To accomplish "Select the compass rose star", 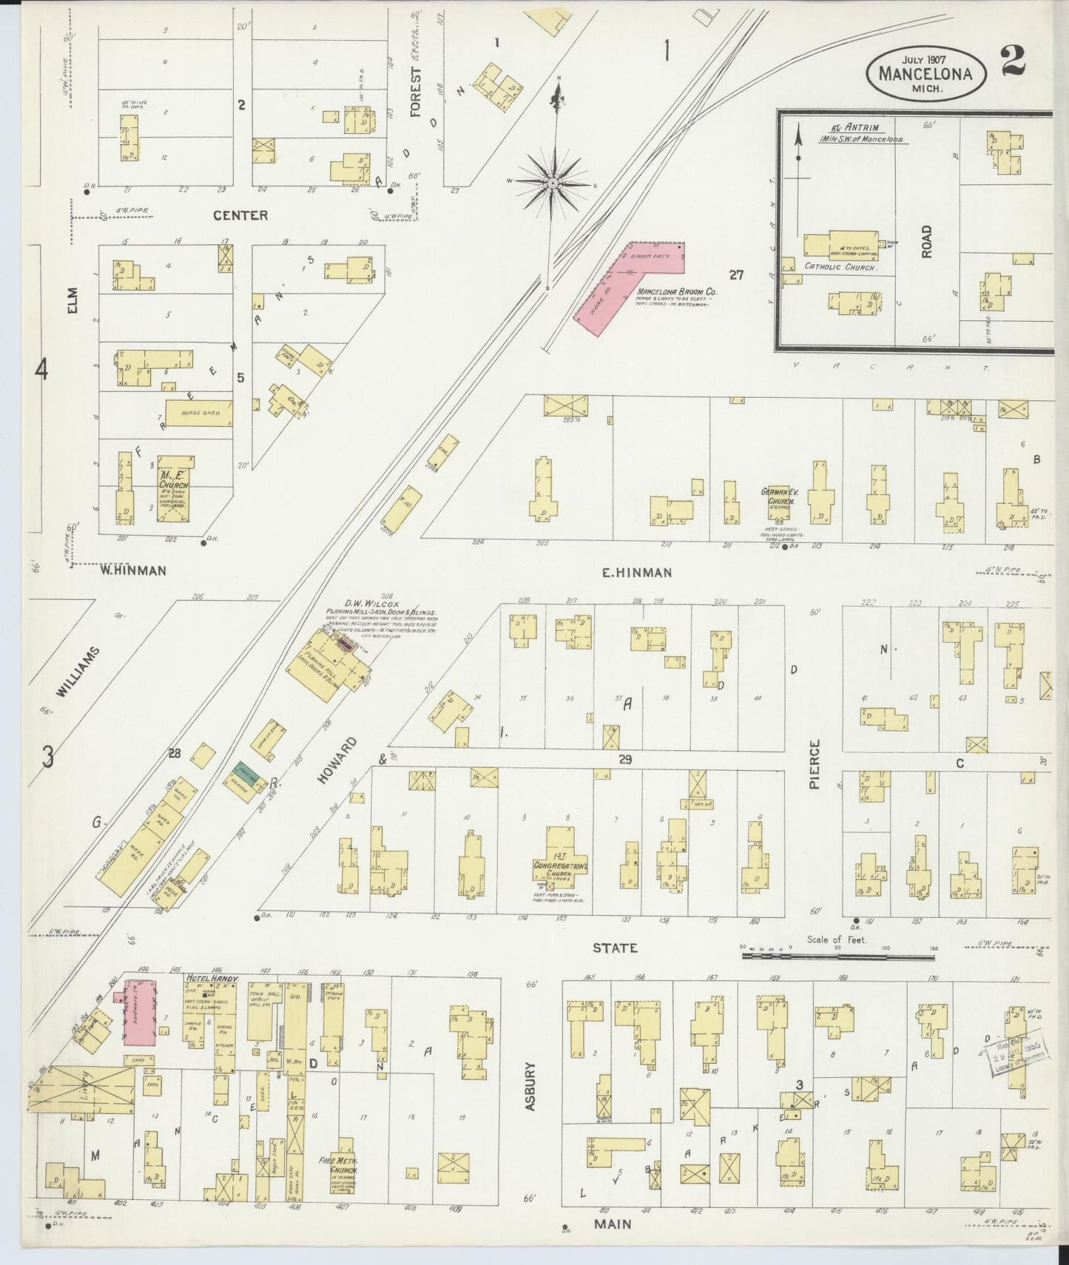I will tap(553, 181).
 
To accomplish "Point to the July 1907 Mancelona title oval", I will tap(925, 73).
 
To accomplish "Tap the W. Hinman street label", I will tap(134, 570).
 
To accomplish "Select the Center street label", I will tap(240, 215).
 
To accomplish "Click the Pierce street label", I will tap(815, 763).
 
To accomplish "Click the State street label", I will tap(615, 948).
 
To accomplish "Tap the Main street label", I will tap(613, 1224).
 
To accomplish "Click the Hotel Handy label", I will tap(211, 979).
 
